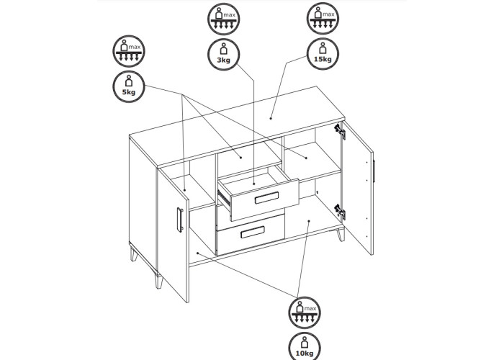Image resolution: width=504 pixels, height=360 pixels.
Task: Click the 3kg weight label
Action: click(224, 54)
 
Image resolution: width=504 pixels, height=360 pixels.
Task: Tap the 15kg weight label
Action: click(323, 54)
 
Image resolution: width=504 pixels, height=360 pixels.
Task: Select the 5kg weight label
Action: click(129, 87)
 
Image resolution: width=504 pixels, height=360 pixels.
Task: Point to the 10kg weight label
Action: click(305, 346)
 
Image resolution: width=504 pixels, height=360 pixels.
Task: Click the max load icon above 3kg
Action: click(224, 19)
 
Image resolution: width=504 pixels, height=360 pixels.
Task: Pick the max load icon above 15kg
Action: click(323, 18)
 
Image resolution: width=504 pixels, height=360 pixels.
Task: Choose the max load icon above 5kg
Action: click(129, 51)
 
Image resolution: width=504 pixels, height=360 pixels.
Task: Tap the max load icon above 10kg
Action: click(305, 312)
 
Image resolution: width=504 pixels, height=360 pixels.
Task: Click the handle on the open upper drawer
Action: click(267, 198)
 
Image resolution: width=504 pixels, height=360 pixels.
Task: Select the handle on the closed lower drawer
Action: click(253, 232)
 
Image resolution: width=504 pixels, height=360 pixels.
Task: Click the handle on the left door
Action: click(180, 220)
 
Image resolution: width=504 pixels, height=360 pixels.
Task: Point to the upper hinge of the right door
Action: click(340, 132)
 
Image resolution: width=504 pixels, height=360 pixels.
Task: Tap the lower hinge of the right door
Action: click(340, 212)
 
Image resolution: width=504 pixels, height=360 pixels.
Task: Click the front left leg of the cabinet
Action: click(159, 281)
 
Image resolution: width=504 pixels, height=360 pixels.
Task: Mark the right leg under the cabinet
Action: click(341, 235)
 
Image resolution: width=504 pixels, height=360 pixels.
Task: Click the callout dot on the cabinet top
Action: click(271, 118)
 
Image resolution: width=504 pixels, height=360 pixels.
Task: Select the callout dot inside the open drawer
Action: click(254, 184)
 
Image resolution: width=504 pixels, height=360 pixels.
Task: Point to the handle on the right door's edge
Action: click(374, 171)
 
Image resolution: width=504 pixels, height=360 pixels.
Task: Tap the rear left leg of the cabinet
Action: click(134, 253)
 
